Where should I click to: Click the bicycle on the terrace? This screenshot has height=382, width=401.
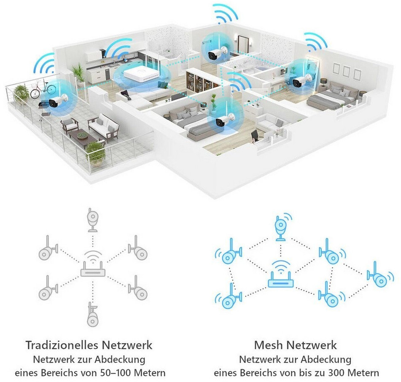point(42,89)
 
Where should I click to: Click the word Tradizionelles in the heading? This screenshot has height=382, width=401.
point(62,345)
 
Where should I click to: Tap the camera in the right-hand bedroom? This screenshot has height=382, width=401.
point(300,81)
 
